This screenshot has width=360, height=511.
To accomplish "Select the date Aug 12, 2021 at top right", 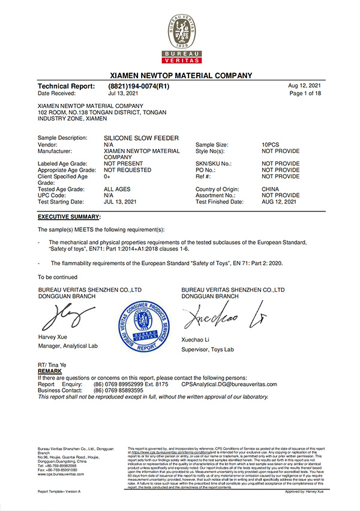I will [x=307, y=86].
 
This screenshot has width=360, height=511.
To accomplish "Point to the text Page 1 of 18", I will [x=305, y=94].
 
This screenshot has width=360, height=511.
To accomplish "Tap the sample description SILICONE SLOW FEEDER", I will [x=141, y=138].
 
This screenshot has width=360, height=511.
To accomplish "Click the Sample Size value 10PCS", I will [x=273, y=145].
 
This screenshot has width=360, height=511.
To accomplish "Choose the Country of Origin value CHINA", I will [x=271, y=189].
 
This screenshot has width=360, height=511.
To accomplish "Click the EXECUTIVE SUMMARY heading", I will [x=69, y=216].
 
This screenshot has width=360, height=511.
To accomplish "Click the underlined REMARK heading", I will [x=50, y=372].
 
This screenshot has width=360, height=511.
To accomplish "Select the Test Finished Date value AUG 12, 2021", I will [x=279, y=202].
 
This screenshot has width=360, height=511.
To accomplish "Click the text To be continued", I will [x=58, y=277].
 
